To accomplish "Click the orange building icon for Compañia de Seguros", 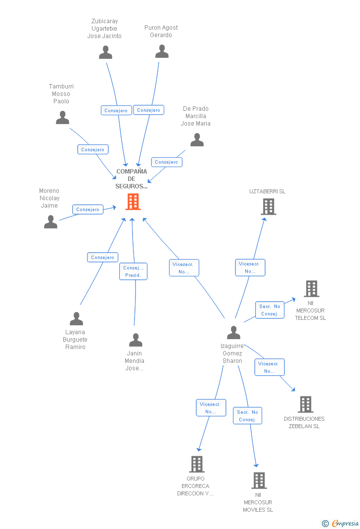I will pyautogui.click(x=133, y=202).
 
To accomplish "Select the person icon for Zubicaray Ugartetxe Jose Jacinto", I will pyautogui.click(x=105, y=52).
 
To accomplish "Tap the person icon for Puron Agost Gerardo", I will pyautogui.click(x=162, y=51).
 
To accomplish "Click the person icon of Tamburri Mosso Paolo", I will pyautogui.click(x=62, y=118).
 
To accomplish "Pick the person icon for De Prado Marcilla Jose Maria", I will pyautogui.click(x=197, y=140).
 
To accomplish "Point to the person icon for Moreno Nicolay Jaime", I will pyautogui.click(x=50, y=222).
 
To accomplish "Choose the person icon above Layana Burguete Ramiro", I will pyautogui.click(x=76, y=319).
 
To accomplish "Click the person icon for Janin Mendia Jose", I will pyautogui.click(x=135, y=340).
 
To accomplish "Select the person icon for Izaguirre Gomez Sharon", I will pyautogui.click(x=233, y=333).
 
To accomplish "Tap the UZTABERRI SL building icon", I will pyautogui.click(x=268, y=207).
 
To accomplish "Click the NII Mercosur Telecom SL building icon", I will pyautogui.click(x=311, y=289).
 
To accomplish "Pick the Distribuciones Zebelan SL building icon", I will pyautogui.click(x=305, y=404).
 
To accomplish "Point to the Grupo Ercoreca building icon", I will pyautogui.click(x=196, y=464).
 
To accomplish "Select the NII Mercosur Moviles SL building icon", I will pyautogui.click(x=259, y=481).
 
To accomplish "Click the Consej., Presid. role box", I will pyautogui.click(x=133, y=271).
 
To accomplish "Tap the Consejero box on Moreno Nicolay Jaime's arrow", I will pyautogui.click(x=88, y=210).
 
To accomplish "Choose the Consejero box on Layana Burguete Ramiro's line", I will pyautogui.click(x=103, y=258).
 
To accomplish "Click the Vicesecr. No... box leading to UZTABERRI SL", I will pyautogui.click(x=250, y=267).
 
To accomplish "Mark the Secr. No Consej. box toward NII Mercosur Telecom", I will pyautogui.click(x=270, y=310).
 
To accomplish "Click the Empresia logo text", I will pyautogui.click(x=345, y=524).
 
